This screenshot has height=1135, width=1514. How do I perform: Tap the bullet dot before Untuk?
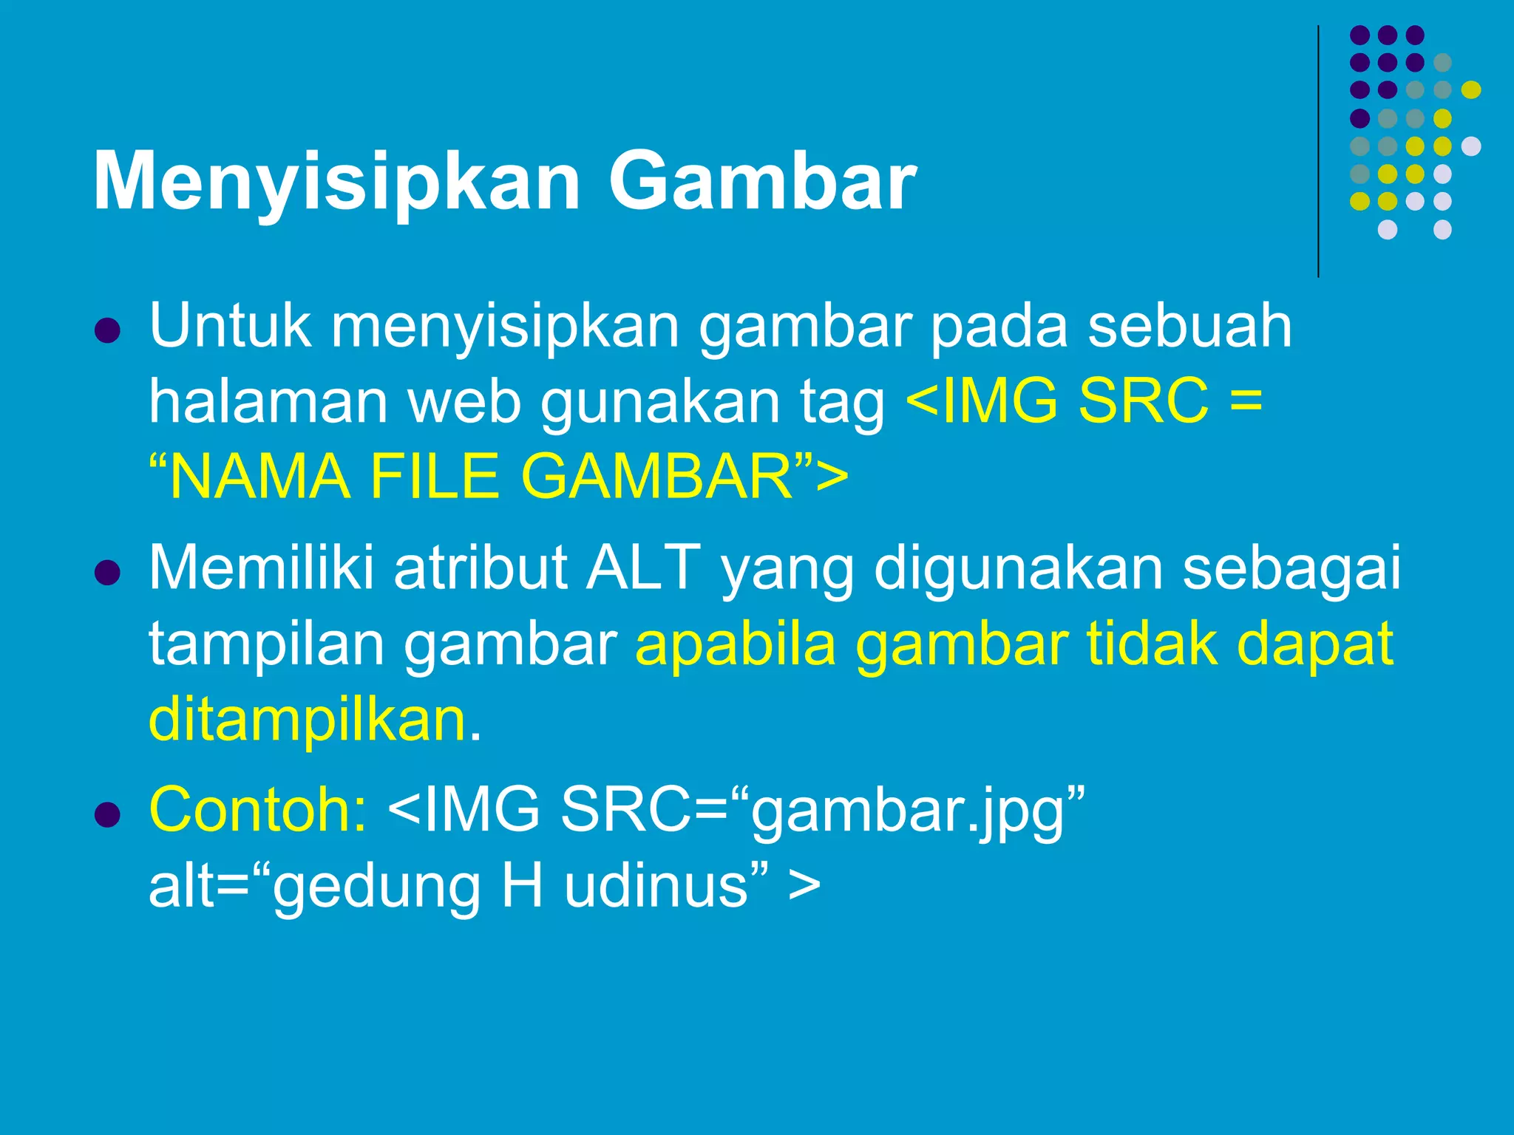(x=108, y=331)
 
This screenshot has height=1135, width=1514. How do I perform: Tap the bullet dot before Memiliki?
(x=108, y=573)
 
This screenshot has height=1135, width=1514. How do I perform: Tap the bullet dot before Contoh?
(x=108, y=815)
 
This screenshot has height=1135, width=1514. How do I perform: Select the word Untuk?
(x=230, y=326)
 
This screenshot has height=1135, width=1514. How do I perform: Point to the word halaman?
(x=268, y=402)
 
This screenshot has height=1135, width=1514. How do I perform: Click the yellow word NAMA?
(x=260, y=477)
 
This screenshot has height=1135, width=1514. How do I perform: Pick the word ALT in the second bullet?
(x=643, y=567)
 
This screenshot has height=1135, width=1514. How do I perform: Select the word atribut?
(x=481, y=567)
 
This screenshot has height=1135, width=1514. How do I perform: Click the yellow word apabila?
(x=736, y=644)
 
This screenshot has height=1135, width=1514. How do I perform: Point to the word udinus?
(x=656, y=886)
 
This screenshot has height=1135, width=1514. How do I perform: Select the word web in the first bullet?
(x=465, y=402)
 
